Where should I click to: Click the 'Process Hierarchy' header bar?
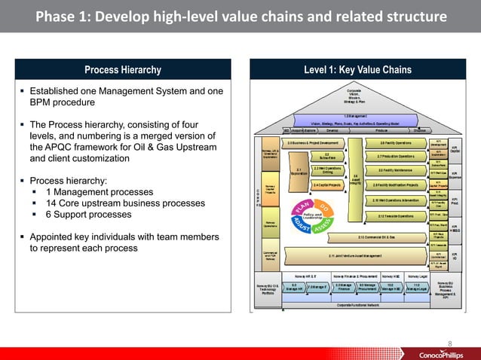click(123, 70)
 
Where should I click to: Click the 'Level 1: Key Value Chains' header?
click(358, 70)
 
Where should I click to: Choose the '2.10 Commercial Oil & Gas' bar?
click(358, 237)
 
